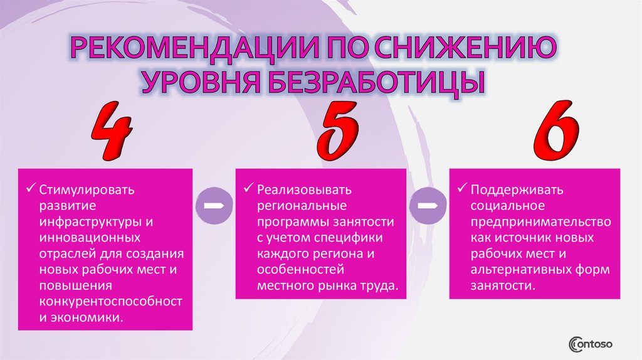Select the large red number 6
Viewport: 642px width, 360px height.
coord(556,132)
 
